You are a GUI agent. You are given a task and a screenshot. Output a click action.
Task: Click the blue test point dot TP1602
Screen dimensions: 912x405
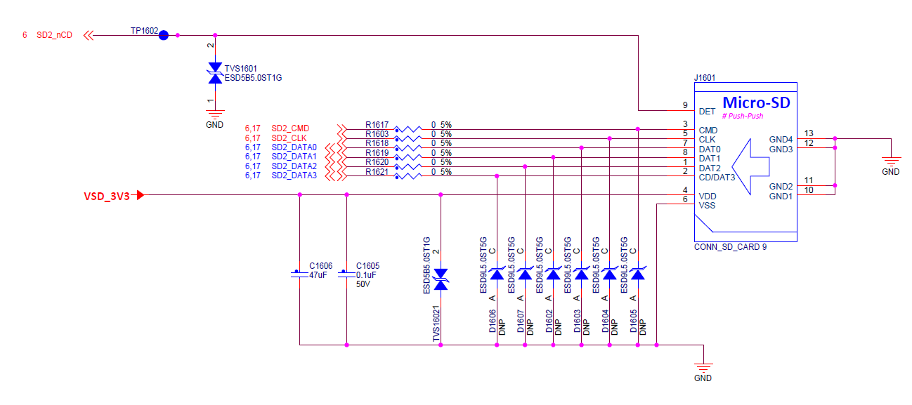[164, 35]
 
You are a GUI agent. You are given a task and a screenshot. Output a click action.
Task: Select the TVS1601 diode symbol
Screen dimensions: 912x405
[215, 73]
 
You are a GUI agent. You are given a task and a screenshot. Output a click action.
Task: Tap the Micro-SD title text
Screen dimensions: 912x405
[756, 102]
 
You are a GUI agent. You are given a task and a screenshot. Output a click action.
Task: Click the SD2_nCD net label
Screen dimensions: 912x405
[55, 35]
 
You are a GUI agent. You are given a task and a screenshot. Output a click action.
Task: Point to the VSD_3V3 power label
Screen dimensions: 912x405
[107, 197]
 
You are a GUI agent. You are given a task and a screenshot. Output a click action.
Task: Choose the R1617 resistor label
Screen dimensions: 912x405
[377, 125]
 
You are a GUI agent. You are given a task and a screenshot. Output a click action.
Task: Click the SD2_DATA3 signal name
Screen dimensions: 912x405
[294, 175]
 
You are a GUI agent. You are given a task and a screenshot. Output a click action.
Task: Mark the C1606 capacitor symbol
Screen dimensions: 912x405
[299, 274]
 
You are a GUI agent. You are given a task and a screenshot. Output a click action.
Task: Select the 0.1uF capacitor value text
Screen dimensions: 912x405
[366, 275]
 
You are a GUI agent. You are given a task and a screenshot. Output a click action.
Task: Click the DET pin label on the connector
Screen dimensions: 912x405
[708, 112]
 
